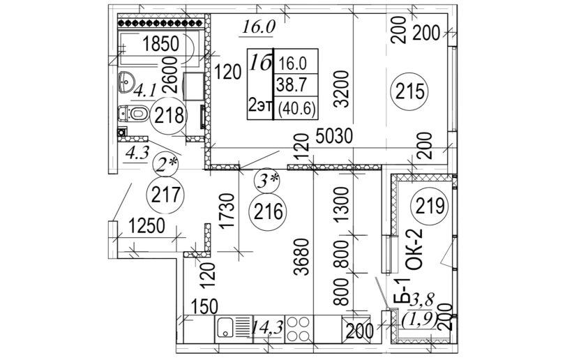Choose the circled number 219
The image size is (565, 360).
[x=429, y=205]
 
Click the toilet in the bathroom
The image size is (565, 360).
[x=133, y=112]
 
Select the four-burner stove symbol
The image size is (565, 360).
[x=300, y=327]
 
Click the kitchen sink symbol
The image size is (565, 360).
[x=233, y=328]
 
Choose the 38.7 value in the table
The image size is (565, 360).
[x=293, y=85]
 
